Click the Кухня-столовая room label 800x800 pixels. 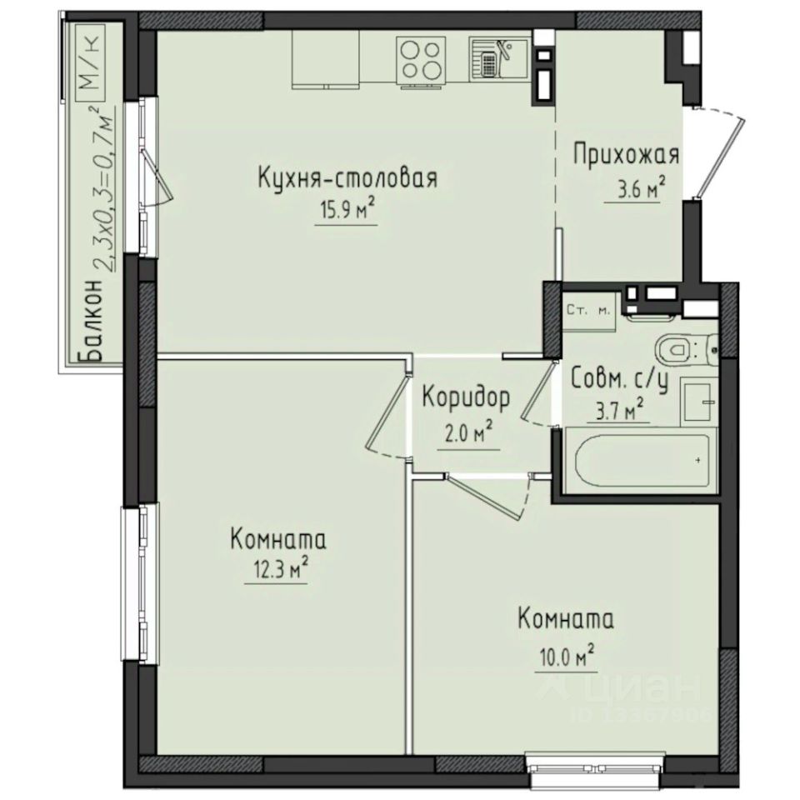(x=348, y=179)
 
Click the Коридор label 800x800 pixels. (x=465, y=399)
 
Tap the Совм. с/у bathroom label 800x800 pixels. (x=620, y=379)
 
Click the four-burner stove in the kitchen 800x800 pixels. (x=420, y=60)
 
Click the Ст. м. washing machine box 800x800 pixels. (x=588, y=311)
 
